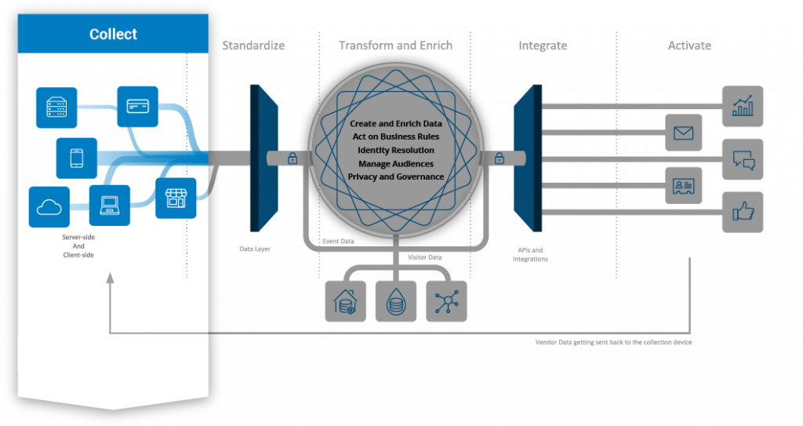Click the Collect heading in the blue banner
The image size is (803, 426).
tap(113, 35)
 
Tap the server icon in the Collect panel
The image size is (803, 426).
tap(56, 107)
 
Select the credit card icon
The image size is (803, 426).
tap(137, 107)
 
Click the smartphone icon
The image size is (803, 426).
tap(77, 158)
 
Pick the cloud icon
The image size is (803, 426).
tap(49, 207)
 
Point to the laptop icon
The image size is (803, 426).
tap(109, 206)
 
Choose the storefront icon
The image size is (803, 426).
tap(175, 198)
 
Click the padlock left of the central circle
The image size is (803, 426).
tap(292, 159)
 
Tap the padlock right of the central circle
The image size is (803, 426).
tap(499, 159)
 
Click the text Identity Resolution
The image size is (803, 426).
tap(396, 150)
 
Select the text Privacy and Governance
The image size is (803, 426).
tap(396, 177)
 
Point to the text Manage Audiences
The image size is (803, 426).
tap(396, 163)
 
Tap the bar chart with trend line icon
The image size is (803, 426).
tap(742, 106)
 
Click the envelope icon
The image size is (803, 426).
tap(684, 133)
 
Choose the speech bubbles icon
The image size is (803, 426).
tap(742, 159)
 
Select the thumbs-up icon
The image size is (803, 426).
tap(742, 212)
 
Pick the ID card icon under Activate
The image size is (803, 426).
tap(684, 186)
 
